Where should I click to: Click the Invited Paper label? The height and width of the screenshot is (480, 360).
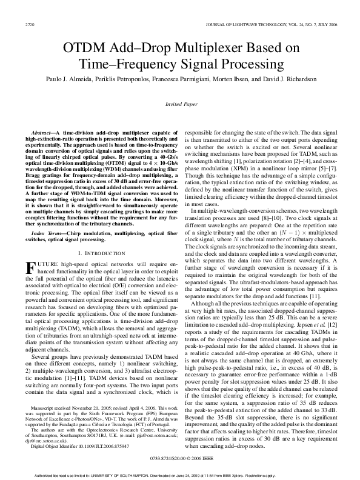(180, 104)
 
